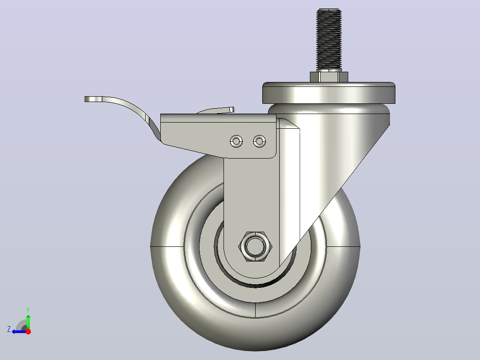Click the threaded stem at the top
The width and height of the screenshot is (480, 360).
coord(329,40)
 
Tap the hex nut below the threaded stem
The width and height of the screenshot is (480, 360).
coord(329,77)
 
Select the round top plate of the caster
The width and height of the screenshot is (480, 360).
coord(329,93)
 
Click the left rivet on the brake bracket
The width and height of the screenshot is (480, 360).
coord(236,141)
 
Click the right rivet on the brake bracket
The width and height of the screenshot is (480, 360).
coord(259,141)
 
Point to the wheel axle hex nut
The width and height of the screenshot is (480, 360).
coord(255,246)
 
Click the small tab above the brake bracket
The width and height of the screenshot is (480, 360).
coord(217,110)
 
